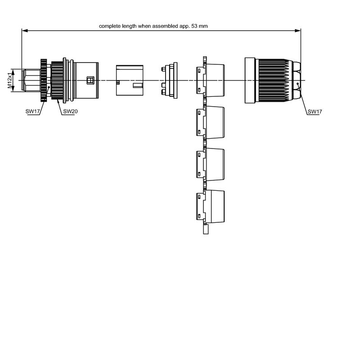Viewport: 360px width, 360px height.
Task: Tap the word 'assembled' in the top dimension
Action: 165,26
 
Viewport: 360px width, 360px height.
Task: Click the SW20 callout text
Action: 71,111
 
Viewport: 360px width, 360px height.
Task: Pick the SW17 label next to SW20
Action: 33,111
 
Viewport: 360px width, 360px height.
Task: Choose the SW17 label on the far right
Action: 315,111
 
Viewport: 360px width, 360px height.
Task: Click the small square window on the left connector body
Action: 90,80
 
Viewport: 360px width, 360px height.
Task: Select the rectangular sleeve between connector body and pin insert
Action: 130,80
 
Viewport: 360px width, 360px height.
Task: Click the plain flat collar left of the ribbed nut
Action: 250,80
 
